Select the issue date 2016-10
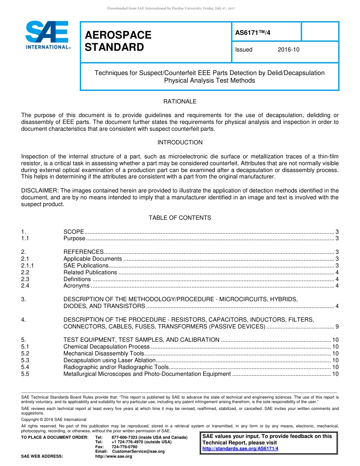(x=288, y=50)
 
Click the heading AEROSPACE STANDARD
(x=118, y=41)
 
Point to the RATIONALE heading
(x=180, y=102)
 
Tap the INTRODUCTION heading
(x=180, y=142)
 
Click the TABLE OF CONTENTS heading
(x=180, y=218)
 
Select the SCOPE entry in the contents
(x=74, y=231)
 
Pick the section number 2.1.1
(x=28, y=266)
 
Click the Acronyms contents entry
(x=77, y=286)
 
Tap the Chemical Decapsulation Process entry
(x=106, y=347)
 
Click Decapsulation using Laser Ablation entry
(x=110, y=360)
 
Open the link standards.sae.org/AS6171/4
(x=240, y=449)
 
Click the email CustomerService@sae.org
(x=138, y=452)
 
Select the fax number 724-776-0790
(x=124, y=447)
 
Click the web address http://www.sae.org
(x=113, y=457)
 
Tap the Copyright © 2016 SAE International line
(x=54, y=420)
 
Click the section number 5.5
(x=25, y=374)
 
